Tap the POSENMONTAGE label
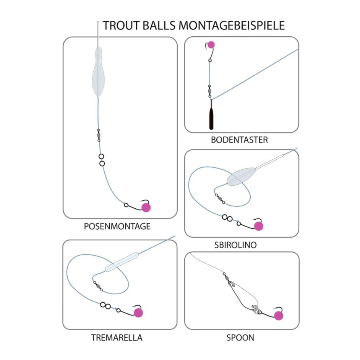(117, 227)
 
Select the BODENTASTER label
(239, 140)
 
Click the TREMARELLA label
(117, 338)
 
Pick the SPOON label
(240, 338)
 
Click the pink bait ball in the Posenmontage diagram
(146, 208)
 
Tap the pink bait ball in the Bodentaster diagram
(211, 45)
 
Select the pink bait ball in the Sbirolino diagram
(259, 226)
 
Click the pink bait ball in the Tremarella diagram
(138, 313)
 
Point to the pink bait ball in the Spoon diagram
(279, 316)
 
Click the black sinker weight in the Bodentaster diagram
(211, 118)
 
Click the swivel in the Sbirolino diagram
(219, 197)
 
